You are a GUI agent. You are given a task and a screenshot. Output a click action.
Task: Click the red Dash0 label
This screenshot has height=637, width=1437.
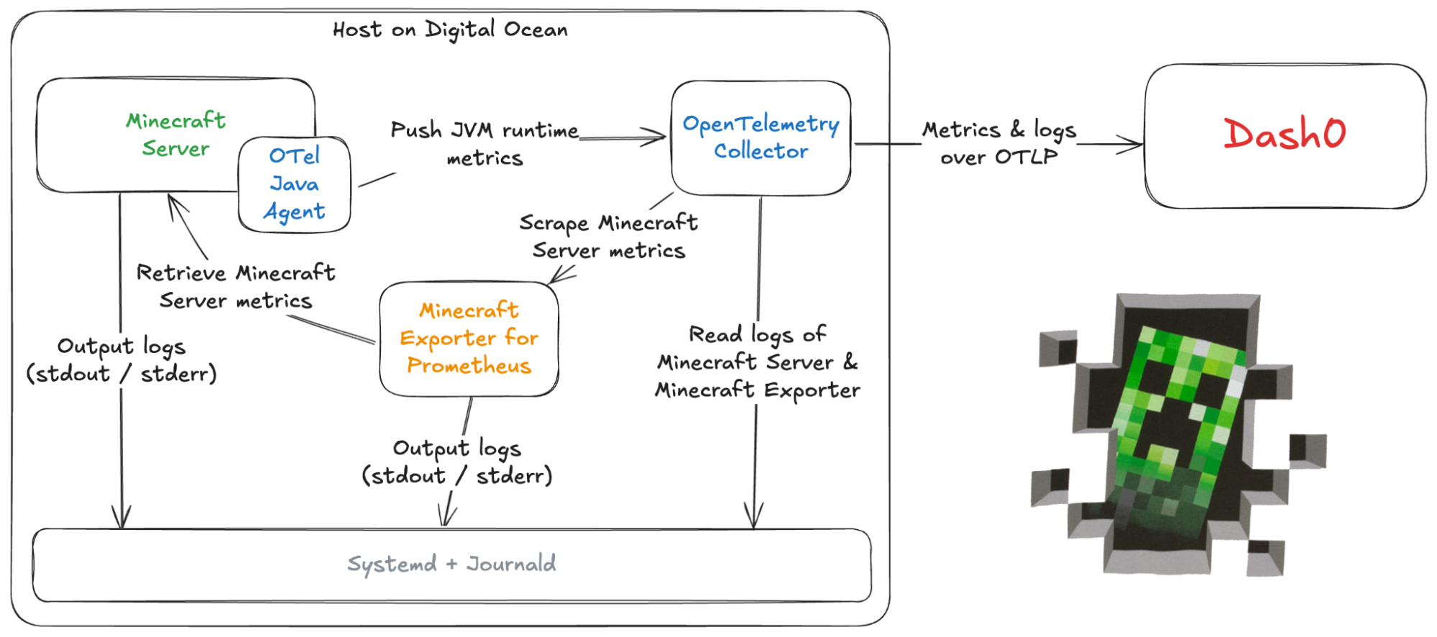[1285, 134]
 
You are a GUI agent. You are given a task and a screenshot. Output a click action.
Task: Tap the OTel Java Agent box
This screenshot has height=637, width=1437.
[295, 184]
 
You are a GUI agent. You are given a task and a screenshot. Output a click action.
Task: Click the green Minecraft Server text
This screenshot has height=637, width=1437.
[176, 134]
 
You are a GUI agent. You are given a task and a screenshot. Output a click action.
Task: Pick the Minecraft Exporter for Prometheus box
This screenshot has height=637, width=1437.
[469, 338]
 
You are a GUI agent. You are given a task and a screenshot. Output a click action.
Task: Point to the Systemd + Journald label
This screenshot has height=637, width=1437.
[451, 564]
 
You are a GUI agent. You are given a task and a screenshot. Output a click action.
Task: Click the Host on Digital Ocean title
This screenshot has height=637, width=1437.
[450, 29]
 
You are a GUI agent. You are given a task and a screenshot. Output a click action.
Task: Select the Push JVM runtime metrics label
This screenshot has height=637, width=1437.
[485, 144]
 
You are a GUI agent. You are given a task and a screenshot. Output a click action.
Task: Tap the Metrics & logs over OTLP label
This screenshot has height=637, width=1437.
[999, 142]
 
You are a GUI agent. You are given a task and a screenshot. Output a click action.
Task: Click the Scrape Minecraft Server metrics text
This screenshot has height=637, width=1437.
[608, 237]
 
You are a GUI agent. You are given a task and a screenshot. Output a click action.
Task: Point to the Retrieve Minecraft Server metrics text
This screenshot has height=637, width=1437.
[236, 286]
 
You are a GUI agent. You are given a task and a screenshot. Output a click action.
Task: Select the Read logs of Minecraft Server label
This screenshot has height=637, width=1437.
[757, 362]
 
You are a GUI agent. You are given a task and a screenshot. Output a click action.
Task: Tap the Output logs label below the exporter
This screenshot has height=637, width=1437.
[457, 462]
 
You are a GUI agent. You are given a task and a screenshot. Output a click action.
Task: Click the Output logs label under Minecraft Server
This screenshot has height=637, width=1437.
[121, 359]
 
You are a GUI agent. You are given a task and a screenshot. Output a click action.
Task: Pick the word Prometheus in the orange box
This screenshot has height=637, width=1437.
[469, 366]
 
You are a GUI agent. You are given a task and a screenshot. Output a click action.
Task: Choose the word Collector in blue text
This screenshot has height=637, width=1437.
[761, 152]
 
